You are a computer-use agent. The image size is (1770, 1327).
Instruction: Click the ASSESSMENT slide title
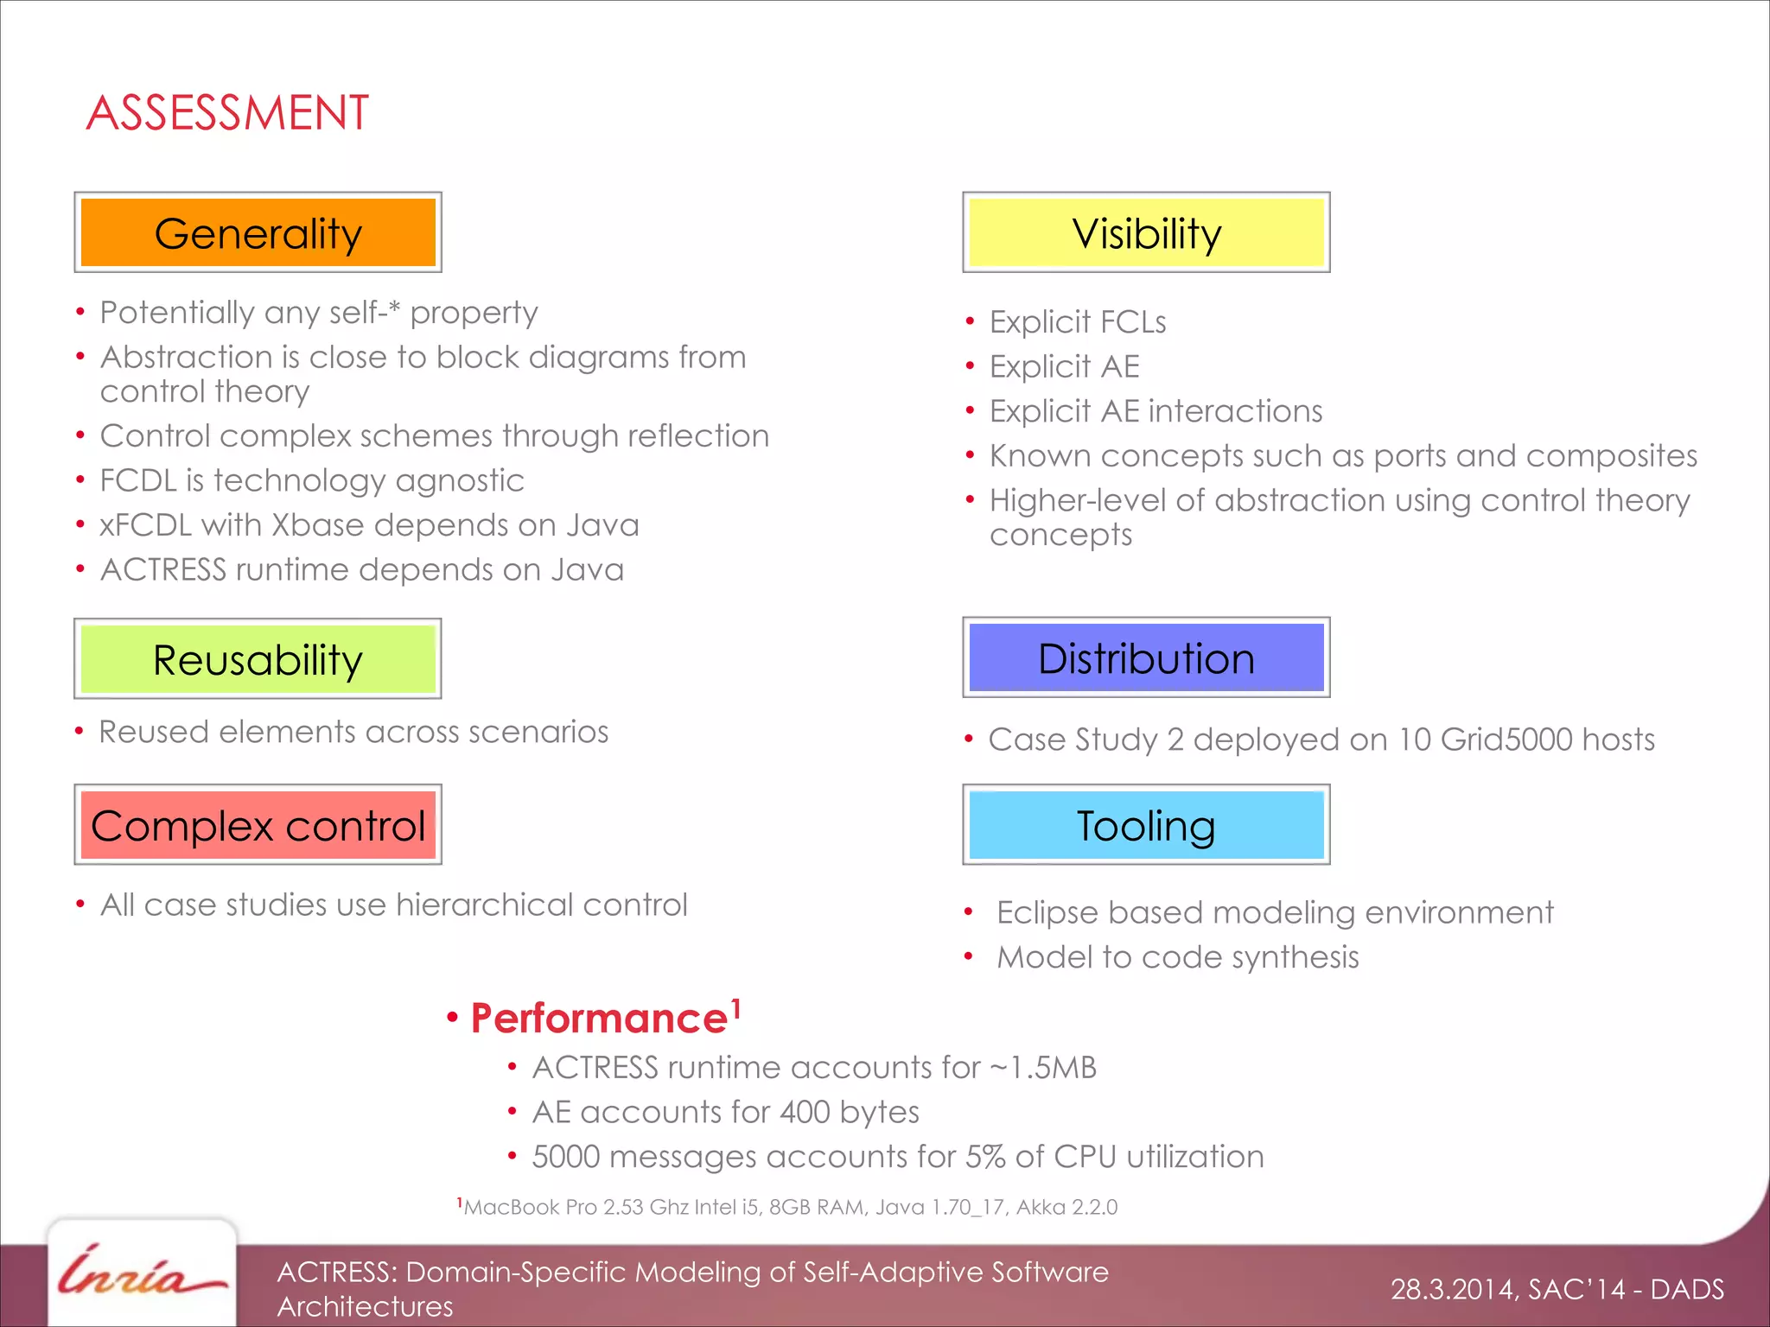click(227, 113)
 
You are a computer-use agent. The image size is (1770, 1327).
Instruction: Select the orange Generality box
click(258, 233)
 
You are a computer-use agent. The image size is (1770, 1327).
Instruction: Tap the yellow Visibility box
click(1146, 233)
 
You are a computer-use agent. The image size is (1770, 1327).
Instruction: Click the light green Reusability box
click(258, 659)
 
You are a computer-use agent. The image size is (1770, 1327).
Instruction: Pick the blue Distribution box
click(1146, 658)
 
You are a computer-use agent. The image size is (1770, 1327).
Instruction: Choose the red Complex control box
click(258, 825)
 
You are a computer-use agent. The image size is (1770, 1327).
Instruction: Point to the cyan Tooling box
click(1146, 825)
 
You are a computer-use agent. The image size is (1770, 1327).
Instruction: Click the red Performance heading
click(599, 1019)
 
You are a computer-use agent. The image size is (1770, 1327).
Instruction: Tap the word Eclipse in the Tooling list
click(1047, 913)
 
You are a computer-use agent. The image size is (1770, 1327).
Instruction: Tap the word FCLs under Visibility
click(1132, 322)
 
